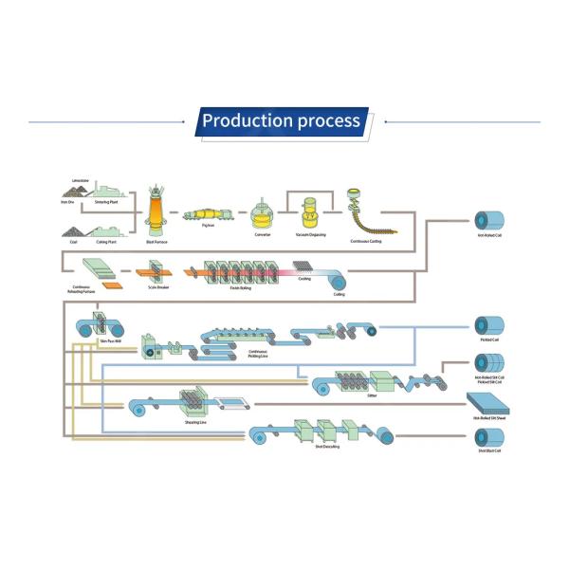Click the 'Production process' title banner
pyautogui.click(x=282, y=121)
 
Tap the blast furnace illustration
pyautogui.click(x=156, y=214)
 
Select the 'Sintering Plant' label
pyautogui.click(x=106, y=202)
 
